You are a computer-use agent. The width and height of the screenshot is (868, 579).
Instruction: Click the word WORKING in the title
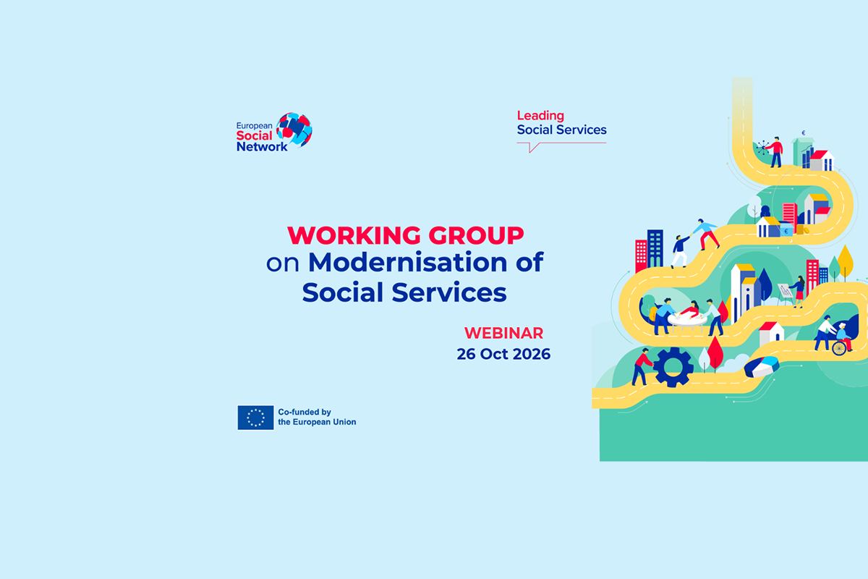click(354, 235)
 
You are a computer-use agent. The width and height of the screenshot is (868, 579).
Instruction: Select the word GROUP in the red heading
click(476, 235)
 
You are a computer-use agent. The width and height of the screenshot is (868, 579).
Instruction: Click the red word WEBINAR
click(503, 333)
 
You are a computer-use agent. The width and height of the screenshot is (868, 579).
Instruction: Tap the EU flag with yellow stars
click(256, 418)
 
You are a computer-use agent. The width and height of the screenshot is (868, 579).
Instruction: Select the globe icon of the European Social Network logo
click(294, 130)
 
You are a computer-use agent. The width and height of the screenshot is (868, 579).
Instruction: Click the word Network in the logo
click(262, 147)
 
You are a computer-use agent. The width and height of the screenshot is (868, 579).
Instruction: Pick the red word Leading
click(540, 116)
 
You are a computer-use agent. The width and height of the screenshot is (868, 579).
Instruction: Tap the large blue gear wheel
click(673, 367)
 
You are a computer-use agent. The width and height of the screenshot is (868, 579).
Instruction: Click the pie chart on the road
click(762, 366)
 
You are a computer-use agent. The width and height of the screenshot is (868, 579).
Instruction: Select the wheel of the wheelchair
click(839, 348)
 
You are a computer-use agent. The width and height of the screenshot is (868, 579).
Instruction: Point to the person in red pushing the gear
click(642, 366)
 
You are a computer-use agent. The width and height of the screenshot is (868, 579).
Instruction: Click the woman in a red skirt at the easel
click(799, 291)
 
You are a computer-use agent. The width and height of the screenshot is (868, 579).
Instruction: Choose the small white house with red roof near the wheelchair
click(771, 333)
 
